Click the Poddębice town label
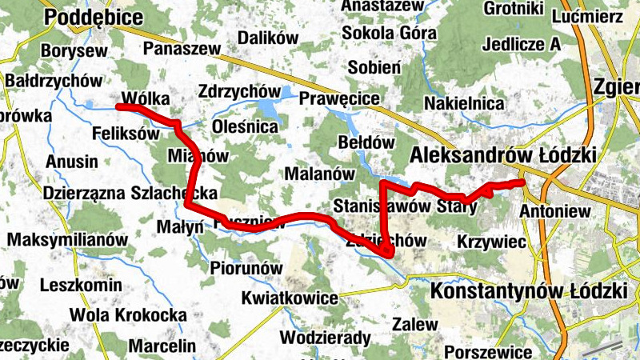point(94,18)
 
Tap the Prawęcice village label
point(339,98)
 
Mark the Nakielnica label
point(464,103)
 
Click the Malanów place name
point(320,173)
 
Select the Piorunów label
point(248,267)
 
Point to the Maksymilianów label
point(68,239)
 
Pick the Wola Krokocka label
point(128,314)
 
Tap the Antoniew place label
point(555,211)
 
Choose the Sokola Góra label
point(389,34)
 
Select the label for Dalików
point(268,38)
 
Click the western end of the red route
point(118,106)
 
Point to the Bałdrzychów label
point(54,81)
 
